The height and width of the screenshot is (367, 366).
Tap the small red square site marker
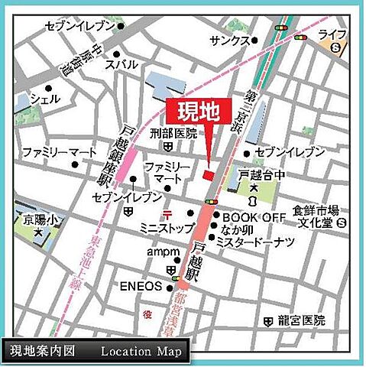point(208,176)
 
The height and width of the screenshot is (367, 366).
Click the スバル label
point(121,66)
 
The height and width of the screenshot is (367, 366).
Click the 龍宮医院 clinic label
point(303,320)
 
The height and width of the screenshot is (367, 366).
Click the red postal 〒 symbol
point(167,213)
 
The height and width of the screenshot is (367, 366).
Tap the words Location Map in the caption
point(141,352)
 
